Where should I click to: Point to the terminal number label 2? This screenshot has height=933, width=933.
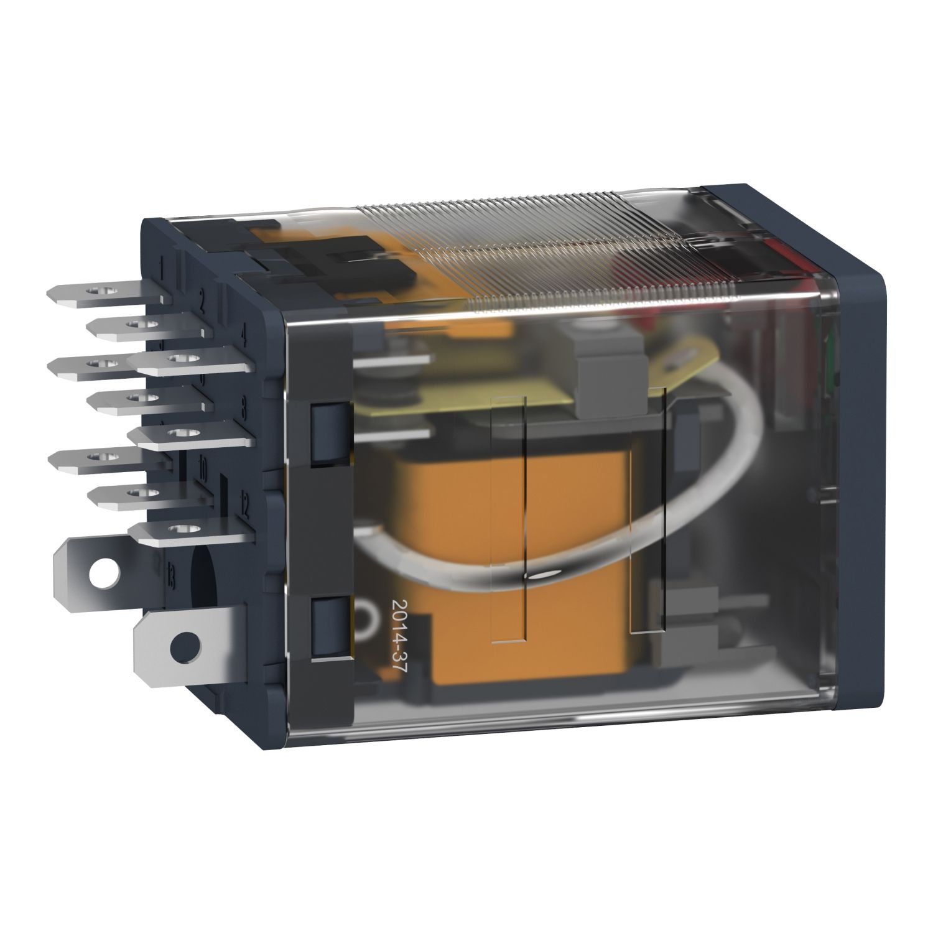(x=202, y=303)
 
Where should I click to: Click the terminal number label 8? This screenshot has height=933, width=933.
(x=243, y=409)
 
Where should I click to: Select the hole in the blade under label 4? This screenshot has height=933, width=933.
(x=179, y=359)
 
